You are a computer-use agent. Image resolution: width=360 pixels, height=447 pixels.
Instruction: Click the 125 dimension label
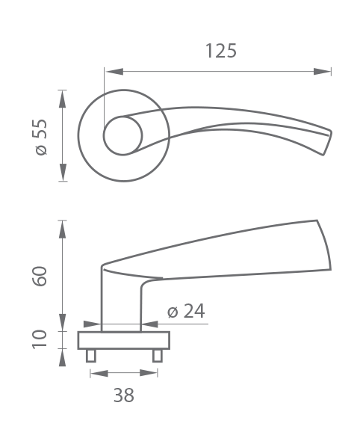(x=221, y=51)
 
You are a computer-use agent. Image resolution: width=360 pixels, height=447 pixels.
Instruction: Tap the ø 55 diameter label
(x=40, y=137)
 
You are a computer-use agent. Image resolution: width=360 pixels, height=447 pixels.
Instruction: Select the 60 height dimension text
(x=39, y=276)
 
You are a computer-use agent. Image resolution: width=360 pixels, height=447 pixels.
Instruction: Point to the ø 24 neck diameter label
(x=186, y=311)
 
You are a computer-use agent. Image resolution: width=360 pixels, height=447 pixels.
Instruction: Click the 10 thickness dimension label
(x=39, y=339)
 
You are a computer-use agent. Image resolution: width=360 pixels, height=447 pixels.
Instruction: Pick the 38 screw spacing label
(x=123, y=395)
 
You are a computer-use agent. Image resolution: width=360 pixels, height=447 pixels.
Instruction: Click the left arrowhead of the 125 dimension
(x=114, y=72)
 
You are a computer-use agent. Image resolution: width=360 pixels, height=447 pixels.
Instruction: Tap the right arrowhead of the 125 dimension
(x=322, y=72)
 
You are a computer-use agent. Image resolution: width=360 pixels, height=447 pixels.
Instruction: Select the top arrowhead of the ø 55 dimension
(x=63, y=99)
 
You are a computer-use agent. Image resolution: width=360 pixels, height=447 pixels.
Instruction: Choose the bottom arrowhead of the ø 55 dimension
(x=63, y=172)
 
